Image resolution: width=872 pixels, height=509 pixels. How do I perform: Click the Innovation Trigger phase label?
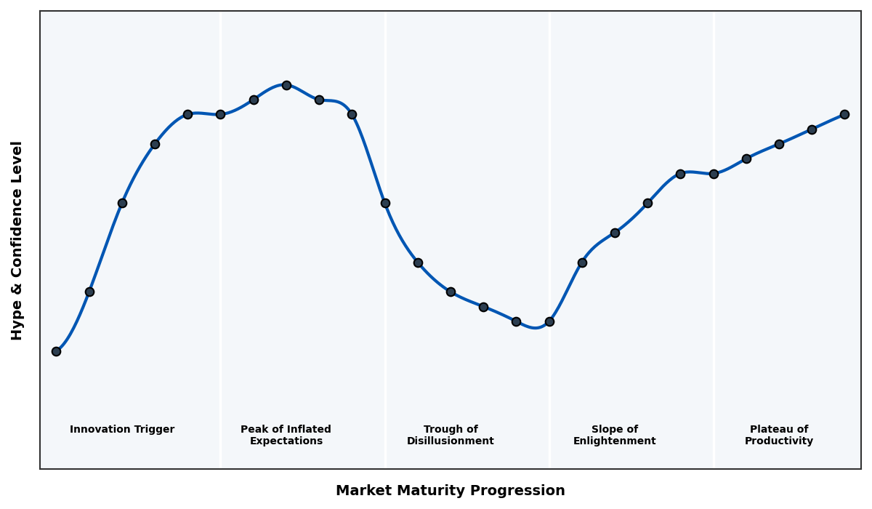point(122,430)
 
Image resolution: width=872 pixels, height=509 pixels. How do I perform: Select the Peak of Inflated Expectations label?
point(286,436)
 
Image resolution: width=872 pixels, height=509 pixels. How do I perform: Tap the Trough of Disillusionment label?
point(450,436)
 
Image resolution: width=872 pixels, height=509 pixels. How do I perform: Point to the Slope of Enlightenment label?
point(614,436)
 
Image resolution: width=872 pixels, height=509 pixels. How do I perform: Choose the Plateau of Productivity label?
point(778,436)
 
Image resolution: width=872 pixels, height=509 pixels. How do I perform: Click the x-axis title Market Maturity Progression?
point(450,491)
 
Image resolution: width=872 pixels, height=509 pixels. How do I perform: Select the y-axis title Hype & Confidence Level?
point(17,240)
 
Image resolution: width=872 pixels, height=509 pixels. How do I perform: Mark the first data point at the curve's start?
point(56,351)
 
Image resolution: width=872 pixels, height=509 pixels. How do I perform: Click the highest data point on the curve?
point(286,85)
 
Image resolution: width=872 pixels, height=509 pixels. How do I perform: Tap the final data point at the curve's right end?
point(844,114)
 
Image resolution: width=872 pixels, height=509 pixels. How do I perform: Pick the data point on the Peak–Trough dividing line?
point(385,203)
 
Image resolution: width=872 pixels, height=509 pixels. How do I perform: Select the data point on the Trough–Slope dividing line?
point(549,321)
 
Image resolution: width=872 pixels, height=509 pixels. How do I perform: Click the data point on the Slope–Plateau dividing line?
point(714,174)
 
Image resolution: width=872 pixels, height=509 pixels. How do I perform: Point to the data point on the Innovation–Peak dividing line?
point(220,114)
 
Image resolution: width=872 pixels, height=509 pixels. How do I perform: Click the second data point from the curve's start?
point(89,292)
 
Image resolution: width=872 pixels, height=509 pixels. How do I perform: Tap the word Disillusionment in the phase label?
point(450,441)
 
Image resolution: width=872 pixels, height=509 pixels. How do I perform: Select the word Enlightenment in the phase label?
point(614,441)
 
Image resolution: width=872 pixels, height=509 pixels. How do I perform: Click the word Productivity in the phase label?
point(778,441)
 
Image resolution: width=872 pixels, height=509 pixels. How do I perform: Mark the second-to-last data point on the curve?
point(812,129)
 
